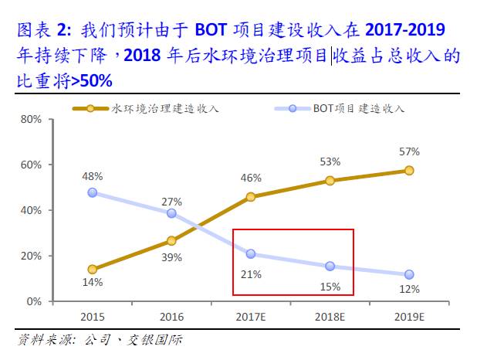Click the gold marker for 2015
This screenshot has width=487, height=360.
[x=93, y=270]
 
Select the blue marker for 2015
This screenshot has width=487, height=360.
[x=93, y=192]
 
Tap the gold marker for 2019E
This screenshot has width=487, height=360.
[x=409, y=171]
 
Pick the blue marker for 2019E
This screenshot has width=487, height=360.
[x=409, y=274]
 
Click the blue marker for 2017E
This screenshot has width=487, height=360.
[x=251, y=253]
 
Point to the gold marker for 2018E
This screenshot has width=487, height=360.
[x=330, y=181]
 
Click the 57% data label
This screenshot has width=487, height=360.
[x=410, y=151]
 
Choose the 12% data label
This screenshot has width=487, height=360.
[x=410, y=290]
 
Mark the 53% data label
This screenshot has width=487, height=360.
[x=330, y=161]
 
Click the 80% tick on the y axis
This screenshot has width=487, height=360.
[x=30, y=120]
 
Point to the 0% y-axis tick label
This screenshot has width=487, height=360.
[x=33, y=301]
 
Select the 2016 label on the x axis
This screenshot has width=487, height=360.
[x=171, y=317]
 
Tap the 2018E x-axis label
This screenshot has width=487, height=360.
[x=330, y=317]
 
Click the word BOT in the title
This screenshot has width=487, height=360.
[x=211, y=31]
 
